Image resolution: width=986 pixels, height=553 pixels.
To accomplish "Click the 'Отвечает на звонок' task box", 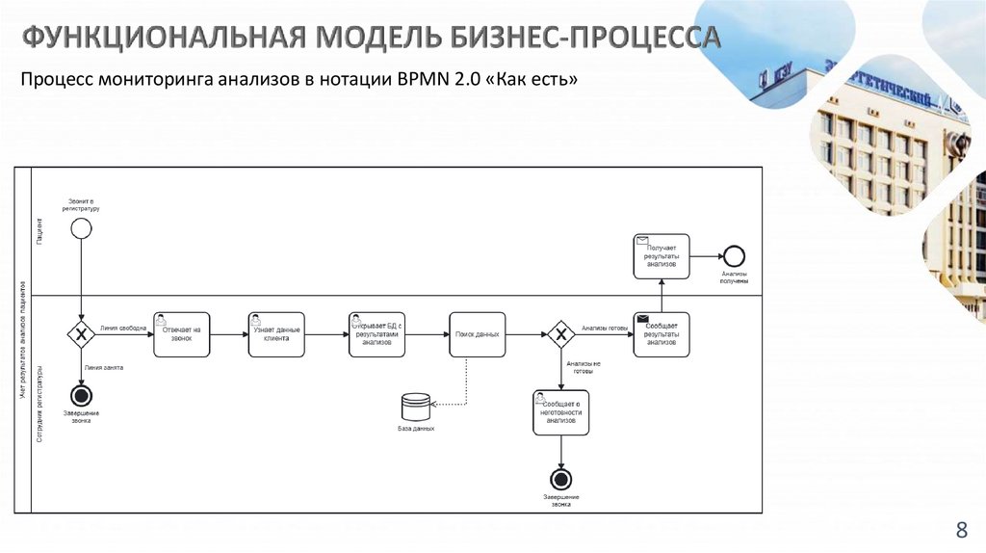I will click(x=181, y=334).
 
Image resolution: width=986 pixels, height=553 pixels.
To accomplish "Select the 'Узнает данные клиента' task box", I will click(x=277, y=334).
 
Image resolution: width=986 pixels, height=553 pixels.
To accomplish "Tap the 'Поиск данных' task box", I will click(x=477, y=334).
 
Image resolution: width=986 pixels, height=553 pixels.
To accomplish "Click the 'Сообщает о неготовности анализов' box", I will click(x=560, y=412).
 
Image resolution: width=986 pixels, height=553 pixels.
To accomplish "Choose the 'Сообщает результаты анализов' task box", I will click(x=662, y=334).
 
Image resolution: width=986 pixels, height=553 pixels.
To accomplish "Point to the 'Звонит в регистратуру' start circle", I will click(x=82, y=228).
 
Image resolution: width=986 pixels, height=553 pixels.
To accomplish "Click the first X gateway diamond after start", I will click(x=82, y=334).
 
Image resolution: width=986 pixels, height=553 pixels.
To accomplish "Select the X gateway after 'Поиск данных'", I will click(x=560, y=334).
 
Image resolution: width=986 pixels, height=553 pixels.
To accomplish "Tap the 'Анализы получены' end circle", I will click(x=735, y=256).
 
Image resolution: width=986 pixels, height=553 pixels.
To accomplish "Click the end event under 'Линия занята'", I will click(x=82, y=395).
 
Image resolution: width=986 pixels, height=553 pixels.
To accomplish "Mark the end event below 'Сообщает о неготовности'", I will click(x=560, y=479).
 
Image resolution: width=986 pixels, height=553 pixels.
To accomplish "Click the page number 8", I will click(x=960, y=529).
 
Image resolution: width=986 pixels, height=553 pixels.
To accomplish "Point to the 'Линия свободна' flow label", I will click(x=123, y=329).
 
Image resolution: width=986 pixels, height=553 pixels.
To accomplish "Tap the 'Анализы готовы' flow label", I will click(x=605, y=329).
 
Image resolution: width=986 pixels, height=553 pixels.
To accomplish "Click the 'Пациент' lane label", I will click(x=39, y=229).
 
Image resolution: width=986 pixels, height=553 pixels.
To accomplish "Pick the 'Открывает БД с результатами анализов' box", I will click(x=377, y=334).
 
